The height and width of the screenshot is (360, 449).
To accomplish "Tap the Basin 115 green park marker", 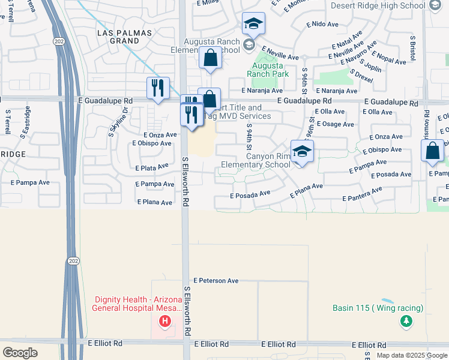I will coord(406,322).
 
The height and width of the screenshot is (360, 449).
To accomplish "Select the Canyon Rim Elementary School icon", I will coord(302,152).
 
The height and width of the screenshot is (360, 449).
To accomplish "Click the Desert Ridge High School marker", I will coord(436,5).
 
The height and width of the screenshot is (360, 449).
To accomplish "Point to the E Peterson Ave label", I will coord(216,280).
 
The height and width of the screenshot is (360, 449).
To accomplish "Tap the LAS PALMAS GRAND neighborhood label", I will coord(119,36).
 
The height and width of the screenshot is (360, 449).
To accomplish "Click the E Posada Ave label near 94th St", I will coord(250,195).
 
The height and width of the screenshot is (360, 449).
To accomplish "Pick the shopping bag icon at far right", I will coord(433,151).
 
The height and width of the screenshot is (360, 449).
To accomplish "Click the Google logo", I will coord(20,353).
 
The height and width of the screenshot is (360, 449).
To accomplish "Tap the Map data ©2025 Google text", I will coord(412,355).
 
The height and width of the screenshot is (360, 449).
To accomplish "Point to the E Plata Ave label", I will coord(151,168).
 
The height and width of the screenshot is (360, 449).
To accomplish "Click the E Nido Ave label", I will coord(323,25).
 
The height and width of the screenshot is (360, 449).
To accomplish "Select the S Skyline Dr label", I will coord(118,122).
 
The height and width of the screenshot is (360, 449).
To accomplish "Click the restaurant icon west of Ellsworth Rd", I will coord(158,88).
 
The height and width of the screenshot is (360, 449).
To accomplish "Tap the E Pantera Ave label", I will coord(362,194).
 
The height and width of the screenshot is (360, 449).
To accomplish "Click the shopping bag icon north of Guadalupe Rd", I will coord(210,59).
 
